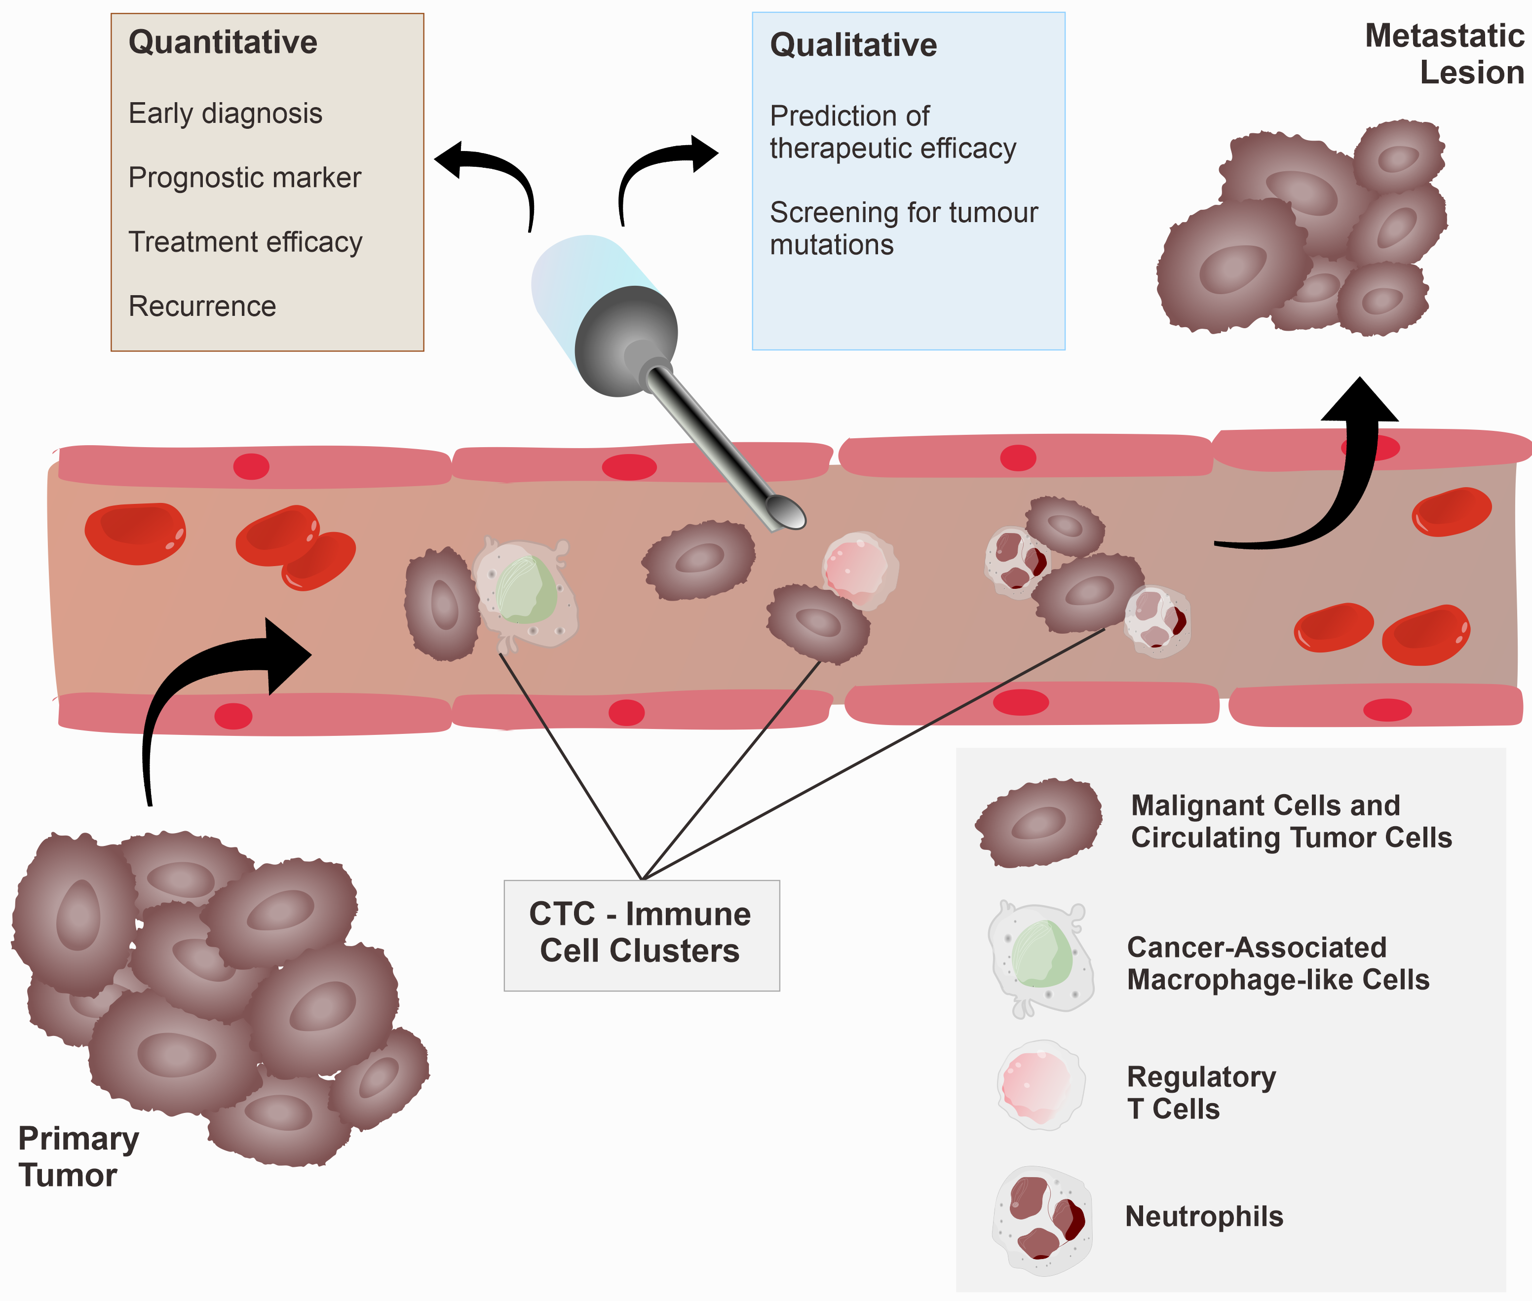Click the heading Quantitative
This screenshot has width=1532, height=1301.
[x=222, y=42]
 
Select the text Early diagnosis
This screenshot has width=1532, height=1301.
[x=225, y=114]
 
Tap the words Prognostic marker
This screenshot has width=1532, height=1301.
[x=244, y=178]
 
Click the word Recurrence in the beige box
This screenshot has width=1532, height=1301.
[x=202, y=306]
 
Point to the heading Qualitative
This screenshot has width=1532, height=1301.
[x=853, y=45]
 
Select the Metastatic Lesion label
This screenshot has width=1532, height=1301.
[x=1444, y=54]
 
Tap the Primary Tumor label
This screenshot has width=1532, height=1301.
[x=77, y=1156]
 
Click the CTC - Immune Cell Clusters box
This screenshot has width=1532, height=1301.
[x=641, y=934]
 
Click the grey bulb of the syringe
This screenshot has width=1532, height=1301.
[x=625, y=341]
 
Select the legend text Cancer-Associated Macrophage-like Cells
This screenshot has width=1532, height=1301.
[x=1277, y=963]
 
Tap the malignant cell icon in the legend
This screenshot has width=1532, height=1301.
[x=1038, y=822]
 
